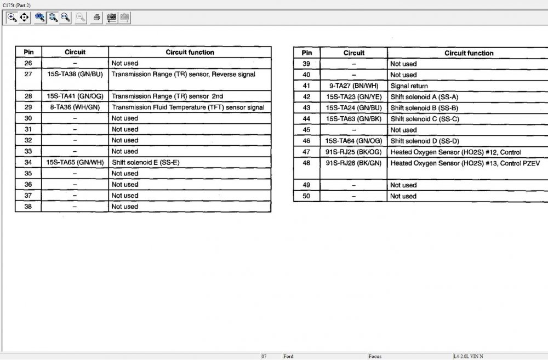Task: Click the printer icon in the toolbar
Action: pos(96,18)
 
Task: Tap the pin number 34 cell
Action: pos(28,162)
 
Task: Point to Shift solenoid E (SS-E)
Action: pos(146,162)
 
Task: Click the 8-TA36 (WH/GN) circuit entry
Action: pos(75,107)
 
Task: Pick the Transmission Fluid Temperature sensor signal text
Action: pos(188,107)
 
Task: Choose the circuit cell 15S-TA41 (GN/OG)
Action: pos(75,96)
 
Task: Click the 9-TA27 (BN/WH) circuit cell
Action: pos(353,86)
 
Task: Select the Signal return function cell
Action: pos(409,86)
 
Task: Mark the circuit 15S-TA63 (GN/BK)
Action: pos(353,119)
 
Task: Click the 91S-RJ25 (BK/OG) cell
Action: pos(353,152)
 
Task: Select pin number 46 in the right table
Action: pos(307,141)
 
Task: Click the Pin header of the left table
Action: pos(28,52)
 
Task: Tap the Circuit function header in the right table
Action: pos(469,53)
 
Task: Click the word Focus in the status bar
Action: pos(375,356)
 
